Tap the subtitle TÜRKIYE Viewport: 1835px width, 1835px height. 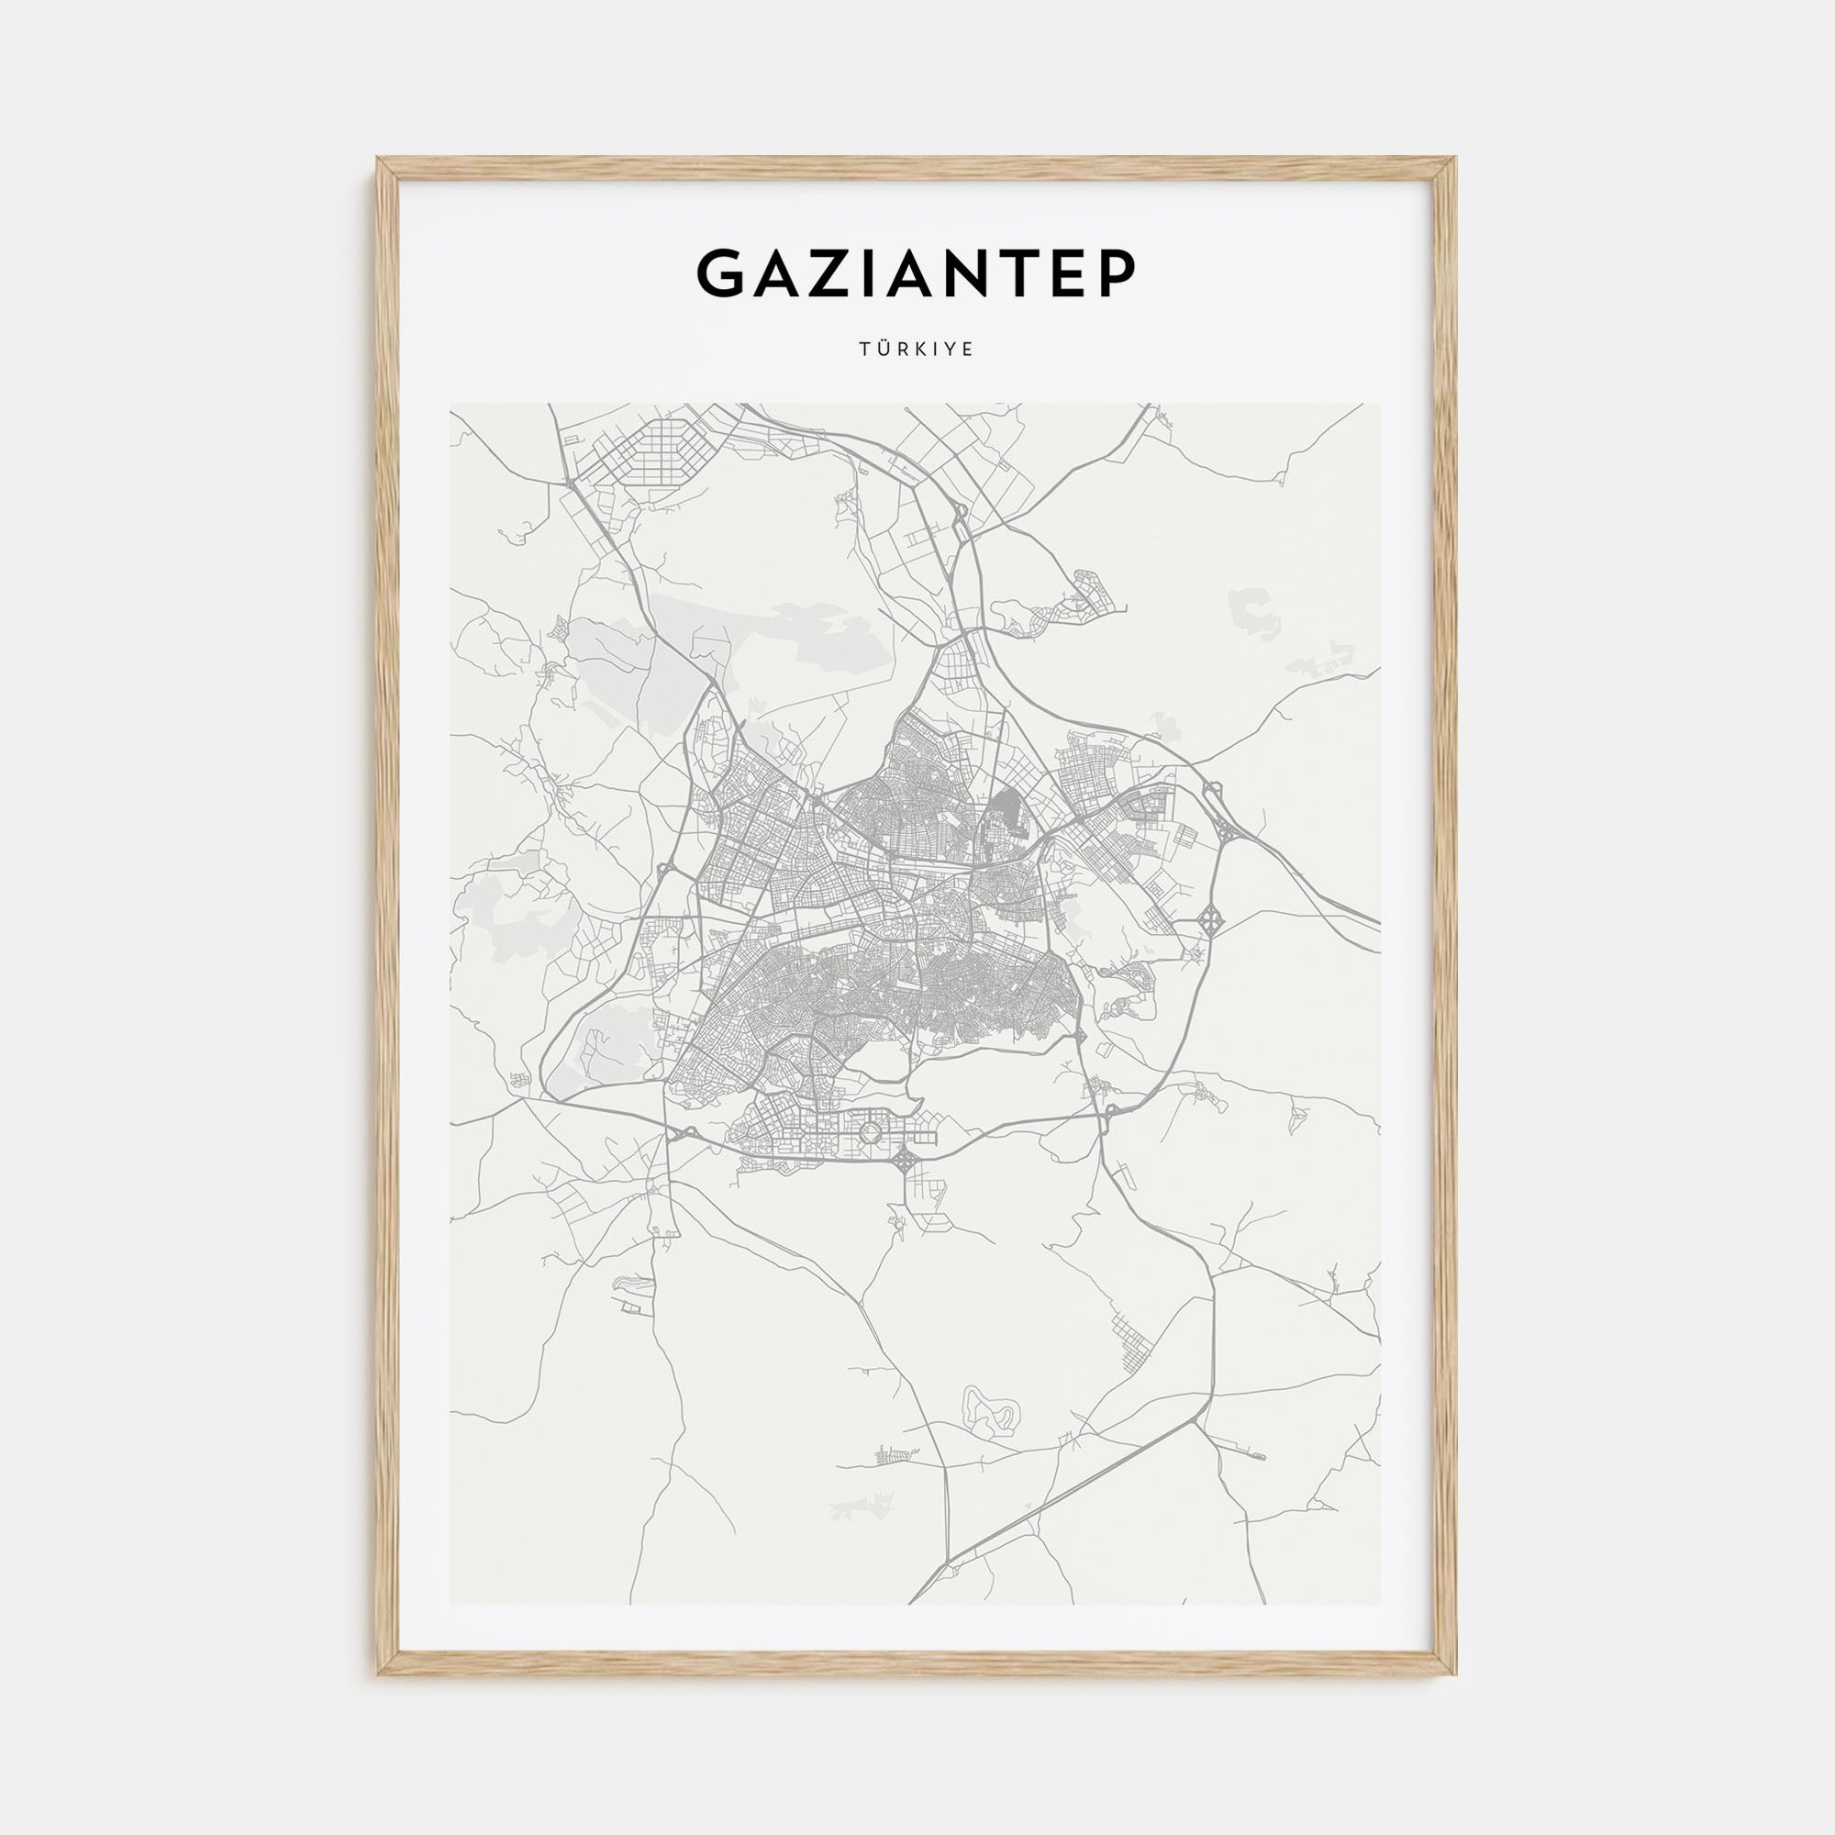point(917,350)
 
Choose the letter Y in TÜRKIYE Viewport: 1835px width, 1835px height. point(951,350)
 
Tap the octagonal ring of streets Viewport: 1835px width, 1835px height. point(870,1131)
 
